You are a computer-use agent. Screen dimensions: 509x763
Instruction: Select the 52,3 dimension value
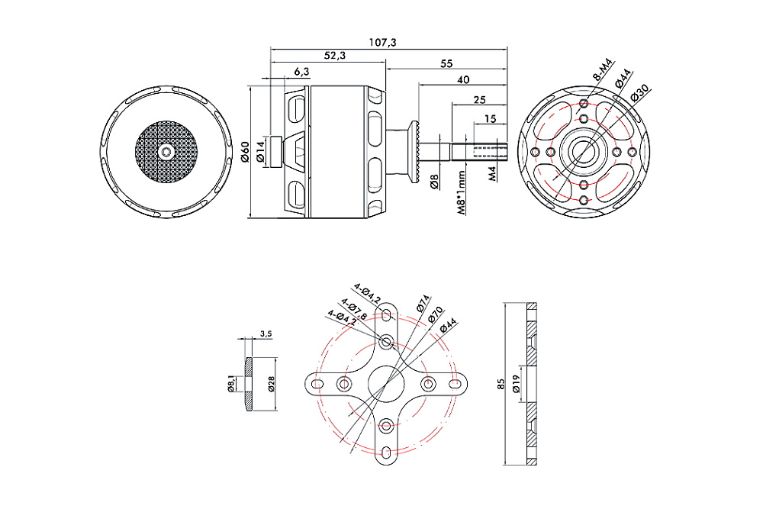334,56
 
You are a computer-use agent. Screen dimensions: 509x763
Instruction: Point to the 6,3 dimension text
301,72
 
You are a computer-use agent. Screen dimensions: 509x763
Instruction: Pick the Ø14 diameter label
260,151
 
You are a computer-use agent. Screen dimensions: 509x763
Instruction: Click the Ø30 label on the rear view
640,95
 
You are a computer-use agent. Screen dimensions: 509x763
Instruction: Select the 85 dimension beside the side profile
501,384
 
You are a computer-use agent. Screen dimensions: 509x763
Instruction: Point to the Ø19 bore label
517,384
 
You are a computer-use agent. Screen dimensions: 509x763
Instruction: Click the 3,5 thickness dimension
266,333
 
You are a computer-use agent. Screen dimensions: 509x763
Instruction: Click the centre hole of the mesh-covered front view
166,151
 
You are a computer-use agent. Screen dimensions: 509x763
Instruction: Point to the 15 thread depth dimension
490,118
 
